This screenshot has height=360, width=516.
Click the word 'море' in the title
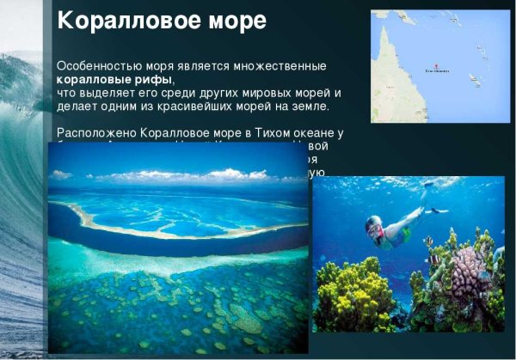click(x=239, y=20)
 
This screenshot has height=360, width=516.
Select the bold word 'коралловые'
click(x=89, y=79)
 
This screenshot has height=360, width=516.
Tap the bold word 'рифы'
click(x=153, y=79)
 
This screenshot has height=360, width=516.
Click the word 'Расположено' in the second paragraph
click(x=95, y=132)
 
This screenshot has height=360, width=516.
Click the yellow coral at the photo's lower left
click(x=348, y=296)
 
